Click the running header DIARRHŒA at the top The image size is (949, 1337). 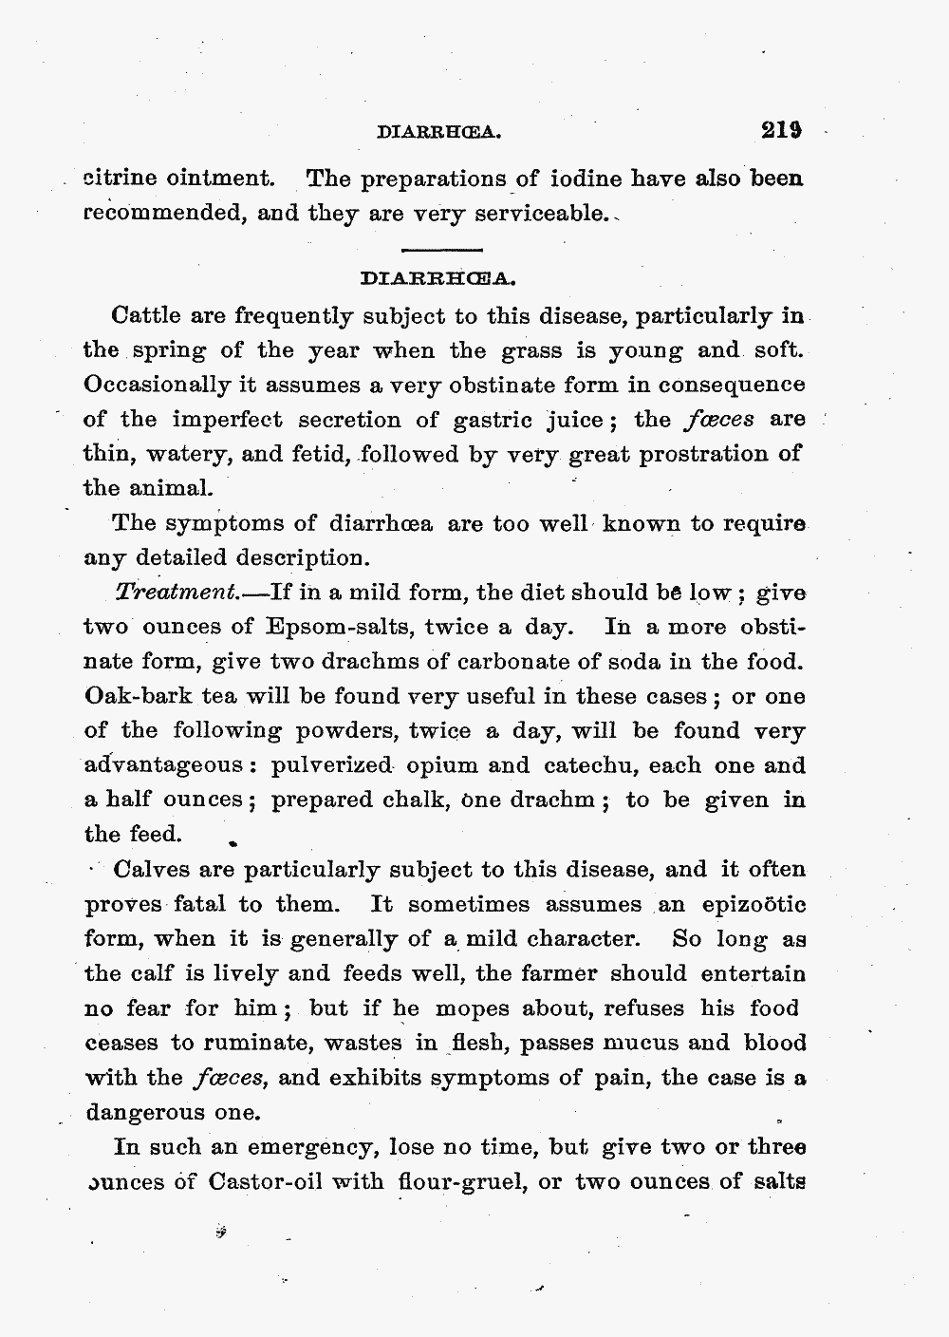437,135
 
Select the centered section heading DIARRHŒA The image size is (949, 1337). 437,280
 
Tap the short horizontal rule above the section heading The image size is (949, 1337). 442,250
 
